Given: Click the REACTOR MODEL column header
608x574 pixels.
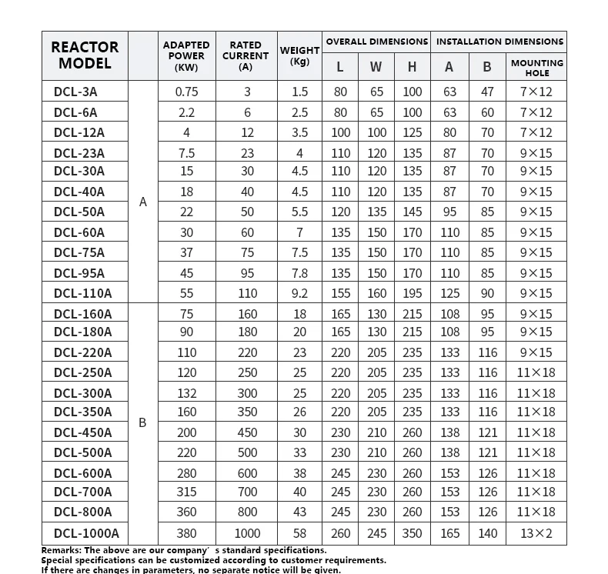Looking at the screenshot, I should click(85, 55).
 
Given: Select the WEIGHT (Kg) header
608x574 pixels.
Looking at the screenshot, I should click(299, 55).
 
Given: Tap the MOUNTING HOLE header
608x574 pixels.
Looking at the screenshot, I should click(537, 68).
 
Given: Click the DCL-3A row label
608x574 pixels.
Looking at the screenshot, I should click(75, 92).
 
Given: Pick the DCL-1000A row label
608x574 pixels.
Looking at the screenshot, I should click(86, 533).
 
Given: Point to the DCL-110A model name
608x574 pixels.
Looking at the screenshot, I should click(82, 293).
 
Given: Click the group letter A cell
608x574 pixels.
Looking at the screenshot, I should click(142, 202).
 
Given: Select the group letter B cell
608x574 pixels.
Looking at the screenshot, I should click(142, 422).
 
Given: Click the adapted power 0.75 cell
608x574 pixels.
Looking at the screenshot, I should click(186, 92).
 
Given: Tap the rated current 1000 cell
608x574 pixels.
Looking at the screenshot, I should click(247, 533).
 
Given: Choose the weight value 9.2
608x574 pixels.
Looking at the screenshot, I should click(299, 293).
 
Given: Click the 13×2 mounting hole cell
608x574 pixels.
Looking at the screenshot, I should click(536, 533).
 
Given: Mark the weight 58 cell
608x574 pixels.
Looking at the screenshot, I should click(299, 533).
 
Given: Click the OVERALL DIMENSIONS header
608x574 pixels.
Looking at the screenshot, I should click(377, 42).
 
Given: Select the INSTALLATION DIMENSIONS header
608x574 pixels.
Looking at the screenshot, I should click(499, 42).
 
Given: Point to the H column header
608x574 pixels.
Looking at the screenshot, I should click(412, 67).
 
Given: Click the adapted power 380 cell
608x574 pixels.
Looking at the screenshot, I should click(186, 533).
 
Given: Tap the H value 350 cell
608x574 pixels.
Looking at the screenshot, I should click(412, 533).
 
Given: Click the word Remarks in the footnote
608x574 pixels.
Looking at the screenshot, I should click(61, 550).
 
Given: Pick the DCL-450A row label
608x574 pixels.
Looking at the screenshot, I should click(82, 432).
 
